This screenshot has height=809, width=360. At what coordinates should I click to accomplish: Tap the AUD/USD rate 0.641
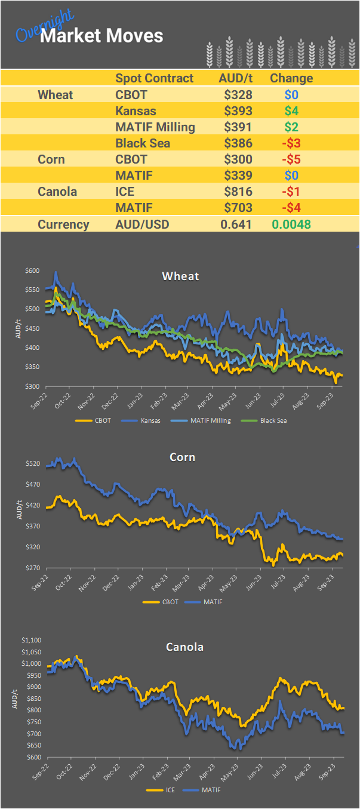(x=236, y=224)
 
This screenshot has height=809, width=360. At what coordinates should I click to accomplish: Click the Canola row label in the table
(x=56, y=192)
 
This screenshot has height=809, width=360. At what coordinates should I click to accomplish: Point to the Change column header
(x=291, y=78)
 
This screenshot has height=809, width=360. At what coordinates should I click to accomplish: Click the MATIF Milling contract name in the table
(x=155, y=127)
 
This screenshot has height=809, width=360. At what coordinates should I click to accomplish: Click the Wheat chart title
(x=180, y=276)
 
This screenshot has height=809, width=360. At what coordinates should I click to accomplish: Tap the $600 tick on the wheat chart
(x=32, y=271)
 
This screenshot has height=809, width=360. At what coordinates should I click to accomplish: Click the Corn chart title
(x=182, y=457)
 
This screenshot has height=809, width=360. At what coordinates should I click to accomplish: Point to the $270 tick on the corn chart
(x=32, y=568)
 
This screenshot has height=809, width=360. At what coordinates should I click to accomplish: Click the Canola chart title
(x=184, y=647)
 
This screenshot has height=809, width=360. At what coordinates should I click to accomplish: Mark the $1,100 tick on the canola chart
(x=30, y=640)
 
